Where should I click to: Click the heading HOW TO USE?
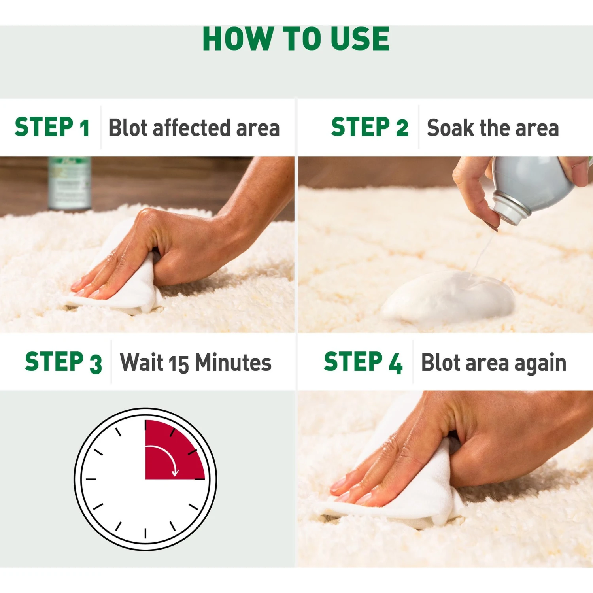point(296,39)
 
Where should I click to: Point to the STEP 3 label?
point(63,362)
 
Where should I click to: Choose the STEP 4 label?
point(363,362)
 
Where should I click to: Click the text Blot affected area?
point(194,128)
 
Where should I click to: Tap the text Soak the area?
point(493,128)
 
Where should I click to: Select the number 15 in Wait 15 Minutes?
point(179,364)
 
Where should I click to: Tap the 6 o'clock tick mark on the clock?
point(145,533)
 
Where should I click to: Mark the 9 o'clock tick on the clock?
point(91,479)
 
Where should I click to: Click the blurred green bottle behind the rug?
point(70,183)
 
